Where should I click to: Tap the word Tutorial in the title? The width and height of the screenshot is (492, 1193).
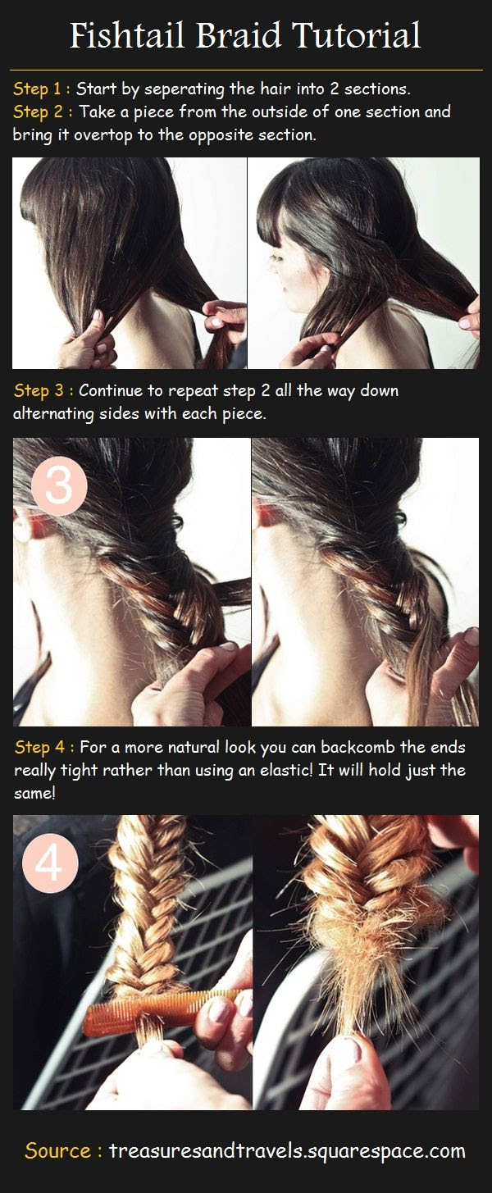click(x=357, y=36)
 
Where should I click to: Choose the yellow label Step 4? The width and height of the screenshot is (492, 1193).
click(x=39, y=747)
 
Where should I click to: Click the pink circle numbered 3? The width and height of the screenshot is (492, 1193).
click(x=59, y=485)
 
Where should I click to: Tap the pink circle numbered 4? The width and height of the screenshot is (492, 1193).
click(x=51, y=863)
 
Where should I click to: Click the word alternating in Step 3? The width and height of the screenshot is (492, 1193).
click(x=52, y=414)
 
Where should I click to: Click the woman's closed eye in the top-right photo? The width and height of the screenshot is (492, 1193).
click(x=276, y=259)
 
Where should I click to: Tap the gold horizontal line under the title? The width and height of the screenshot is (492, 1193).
click(x=246, y=70)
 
